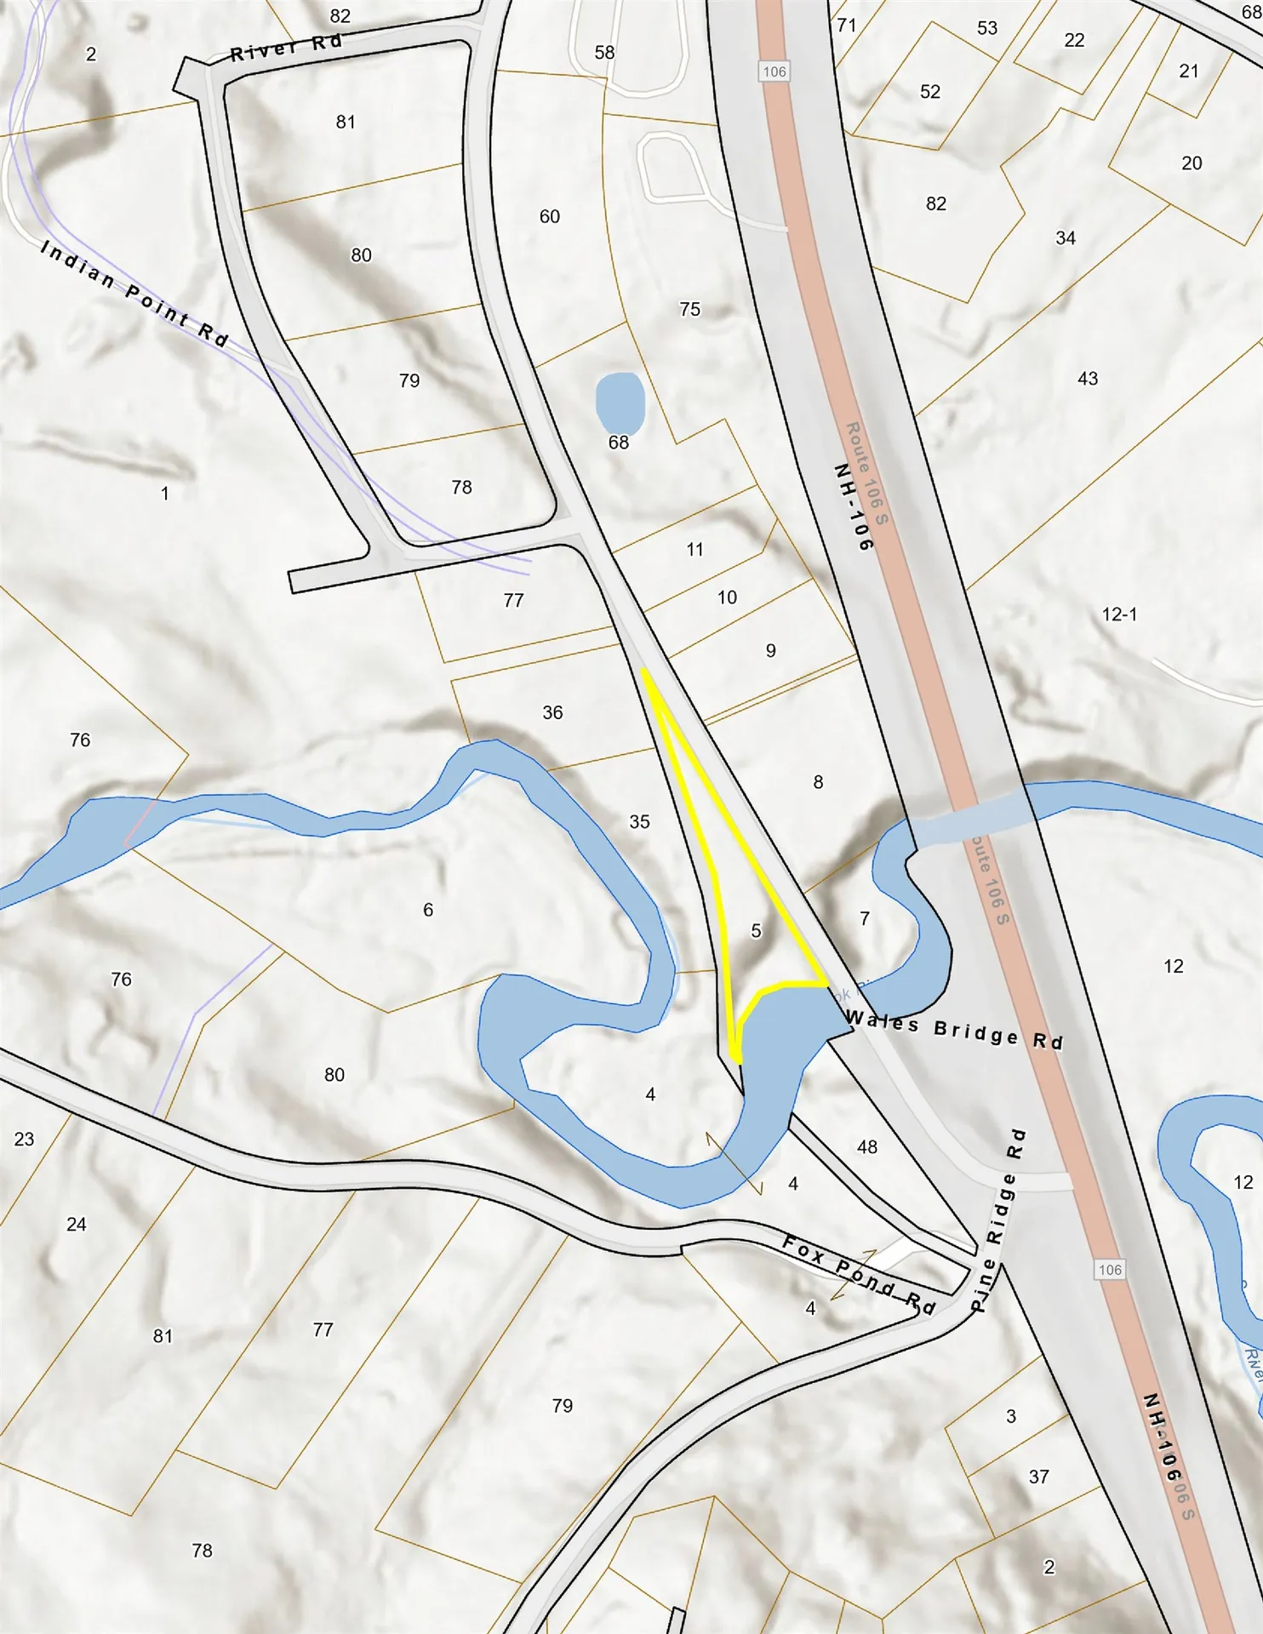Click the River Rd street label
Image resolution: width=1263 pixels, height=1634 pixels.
[x=286, y=48]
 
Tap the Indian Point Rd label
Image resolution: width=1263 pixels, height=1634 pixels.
[x=134, y=293]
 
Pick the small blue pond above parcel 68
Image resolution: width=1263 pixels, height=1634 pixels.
[x=620, y=402]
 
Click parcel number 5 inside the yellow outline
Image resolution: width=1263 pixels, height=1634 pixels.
[x=756, y=931]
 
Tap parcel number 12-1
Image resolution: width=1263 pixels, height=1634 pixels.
[x=1119, y=614]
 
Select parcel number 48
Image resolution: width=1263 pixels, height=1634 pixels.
[x=867, y=1147]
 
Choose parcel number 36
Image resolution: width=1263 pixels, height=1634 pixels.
[x=552, y=712]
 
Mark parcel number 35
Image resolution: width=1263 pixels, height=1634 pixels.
[x=639, y=821]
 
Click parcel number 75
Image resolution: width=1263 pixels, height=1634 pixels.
[x=690, y=309]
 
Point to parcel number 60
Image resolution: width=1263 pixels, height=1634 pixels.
[x=550, y=216]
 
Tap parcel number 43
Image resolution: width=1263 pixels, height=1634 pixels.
[x=1088, y=378]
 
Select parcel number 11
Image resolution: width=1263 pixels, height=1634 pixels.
[x=695, y=549]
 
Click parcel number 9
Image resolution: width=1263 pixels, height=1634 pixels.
[x=770, y=650]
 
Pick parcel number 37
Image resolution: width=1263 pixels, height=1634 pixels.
[x=1038, y=1477]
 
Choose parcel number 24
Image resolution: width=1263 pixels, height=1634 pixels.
[x=77, y=1224]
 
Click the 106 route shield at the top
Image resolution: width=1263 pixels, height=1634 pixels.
[x=774, y=71]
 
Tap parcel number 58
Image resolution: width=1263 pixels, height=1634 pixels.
[x=604, y=52]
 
